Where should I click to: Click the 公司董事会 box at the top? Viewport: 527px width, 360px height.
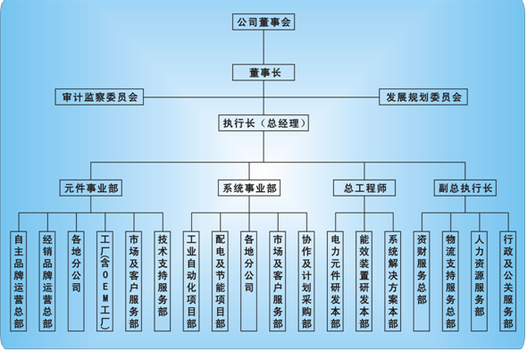(x=263, y=21)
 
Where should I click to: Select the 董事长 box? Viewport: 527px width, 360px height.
(x=263, y=72)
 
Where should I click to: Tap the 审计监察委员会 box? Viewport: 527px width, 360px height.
(x=99, y=96)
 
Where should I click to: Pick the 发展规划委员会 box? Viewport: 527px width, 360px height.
(x=423, y=96)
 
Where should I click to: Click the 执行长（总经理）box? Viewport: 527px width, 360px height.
(x=263, y=123)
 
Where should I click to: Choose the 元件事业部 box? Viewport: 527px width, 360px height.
(x=91, y=188)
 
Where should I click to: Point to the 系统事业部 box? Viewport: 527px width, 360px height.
(x=249, y=188)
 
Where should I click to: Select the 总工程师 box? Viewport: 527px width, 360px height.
(x=364, y=188)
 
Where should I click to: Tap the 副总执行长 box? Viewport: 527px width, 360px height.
(x=465, y=188)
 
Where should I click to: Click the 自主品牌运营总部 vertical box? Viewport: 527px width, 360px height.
(x=19, y=281)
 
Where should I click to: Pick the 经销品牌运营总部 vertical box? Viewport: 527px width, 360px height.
(x=47, y=281)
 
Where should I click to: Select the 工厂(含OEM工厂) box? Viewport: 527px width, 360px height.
(x=105, y=281)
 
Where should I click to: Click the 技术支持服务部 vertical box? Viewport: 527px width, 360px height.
(x=163, y=281)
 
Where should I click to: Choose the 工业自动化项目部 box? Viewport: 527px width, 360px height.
(x=191, y=281)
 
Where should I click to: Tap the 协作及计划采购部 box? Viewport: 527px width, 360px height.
(x=306, y=281)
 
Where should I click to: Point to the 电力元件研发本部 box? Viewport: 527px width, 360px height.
(x=336, y=281)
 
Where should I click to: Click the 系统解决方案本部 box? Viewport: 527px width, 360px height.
(x=393, y=281)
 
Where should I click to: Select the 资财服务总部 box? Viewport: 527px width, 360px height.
(x=422, y=281)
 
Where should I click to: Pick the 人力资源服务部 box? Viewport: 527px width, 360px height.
(x=480, y=281)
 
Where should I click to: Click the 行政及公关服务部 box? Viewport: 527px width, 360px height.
(x=508, y=281)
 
